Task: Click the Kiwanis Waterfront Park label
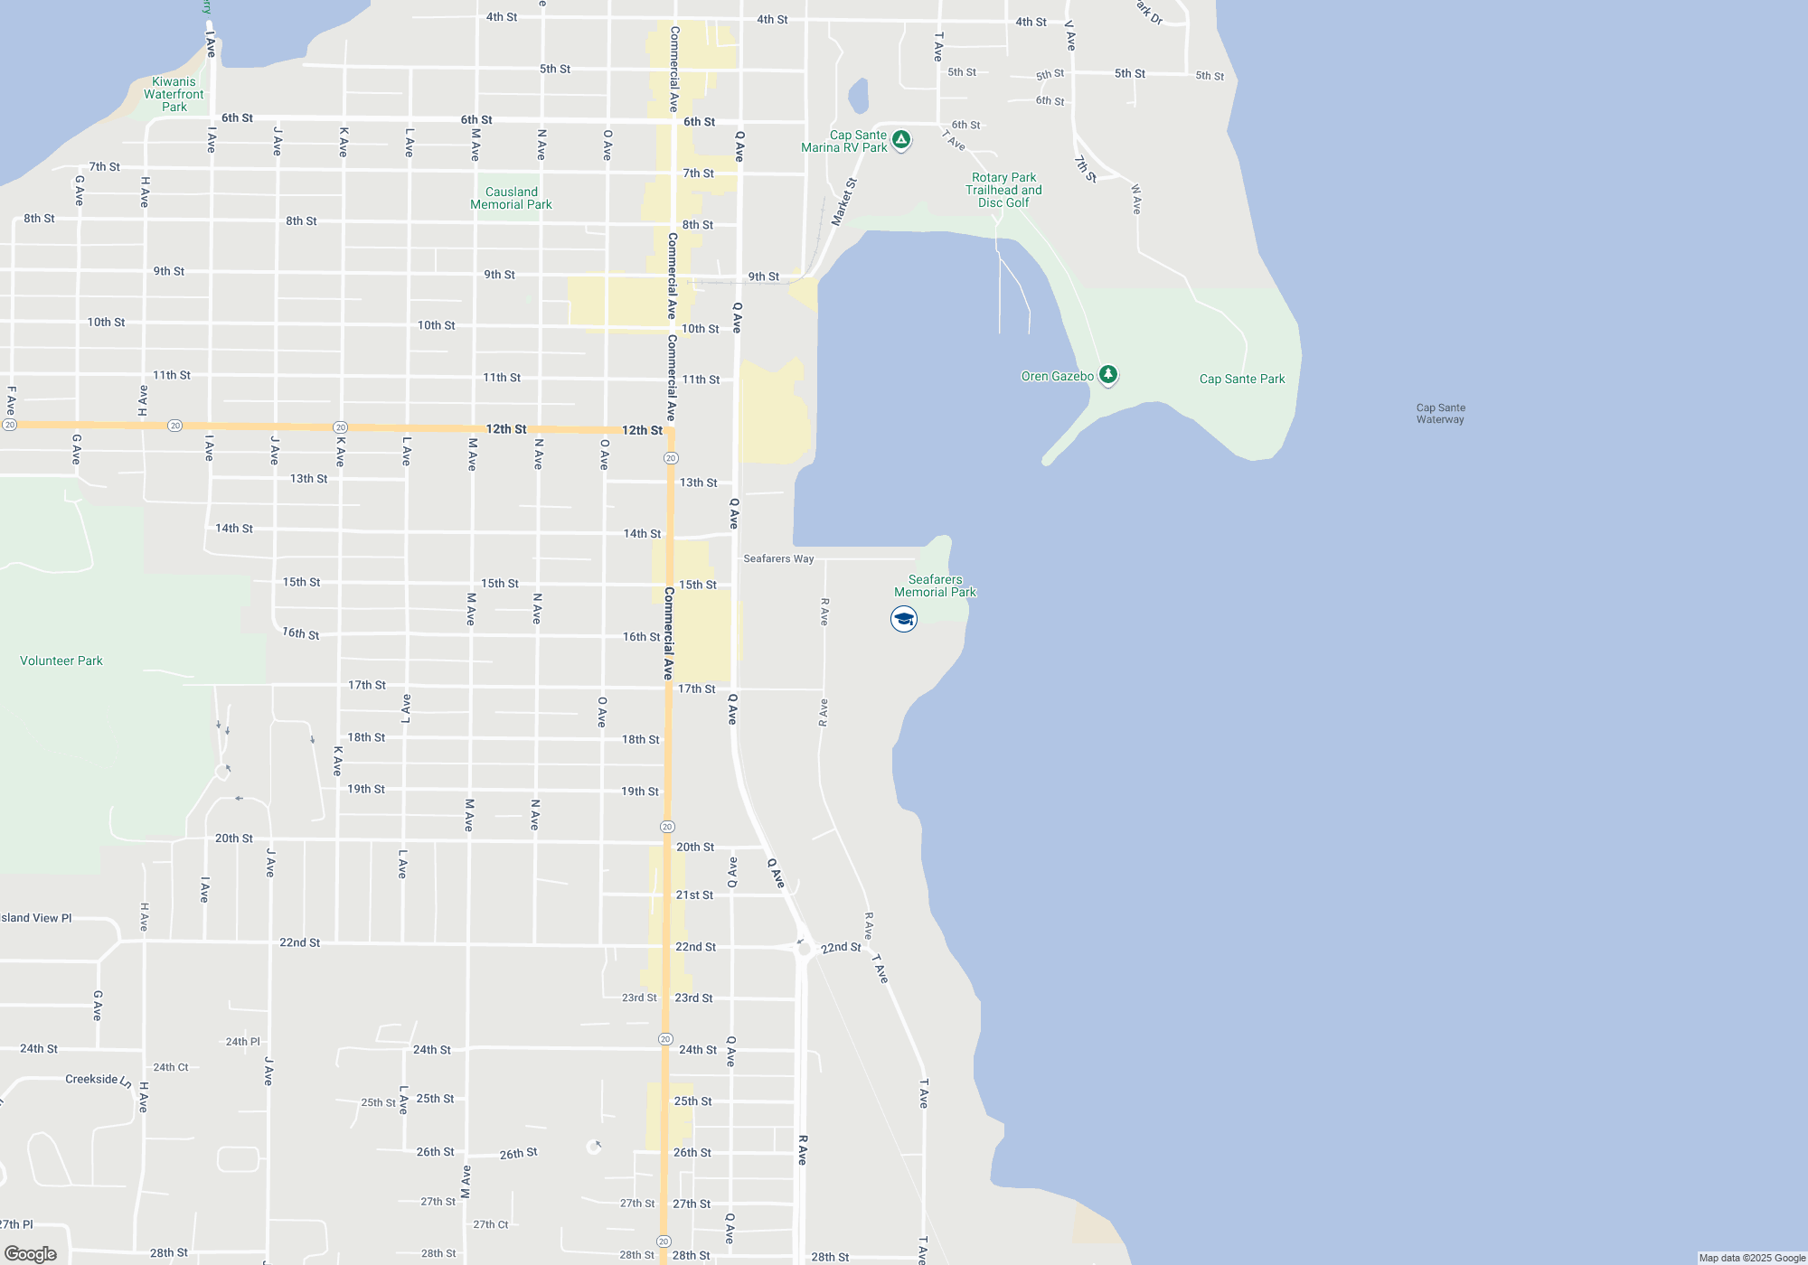[x=174, y=95]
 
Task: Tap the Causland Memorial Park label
[x=511, y=198]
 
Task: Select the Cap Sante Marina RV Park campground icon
[x=900, y=140]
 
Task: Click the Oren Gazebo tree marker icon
[x=1107, y=375]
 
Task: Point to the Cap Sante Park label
[x=1241, y=379]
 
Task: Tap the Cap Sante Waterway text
[x=1440, y=414]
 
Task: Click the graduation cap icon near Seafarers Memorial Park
[x=903, y=619]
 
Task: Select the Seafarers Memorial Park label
[x=935, y=586]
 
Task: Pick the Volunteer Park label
[x=61, y=661]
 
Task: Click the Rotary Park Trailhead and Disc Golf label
[x=1003, y=191]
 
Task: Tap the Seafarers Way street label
[x=778, y=559]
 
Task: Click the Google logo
[x=31, y=1254]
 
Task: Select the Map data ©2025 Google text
[x=1751, y=1258]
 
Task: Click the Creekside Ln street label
[x=99, y=1080]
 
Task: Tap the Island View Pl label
[x=36, y=918]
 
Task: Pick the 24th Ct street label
[x=170, y=1067]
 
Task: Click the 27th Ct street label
[x=491, y=1225]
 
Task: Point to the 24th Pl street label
[x=242, y=1042]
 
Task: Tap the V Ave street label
[x=1070, y=35]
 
